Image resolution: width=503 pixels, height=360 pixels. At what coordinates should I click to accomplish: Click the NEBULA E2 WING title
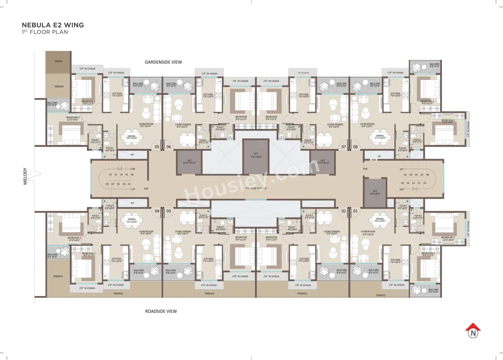click(53, 25)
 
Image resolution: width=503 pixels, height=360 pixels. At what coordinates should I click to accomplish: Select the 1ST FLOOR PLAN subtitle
click(45, 32)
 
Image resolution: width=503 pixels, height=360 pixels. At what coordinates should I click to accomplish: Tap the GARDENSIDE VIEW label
click(163, 62)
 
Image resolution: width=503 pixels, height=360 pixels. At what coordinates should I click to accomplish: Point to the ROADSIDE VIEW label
click(161, 311)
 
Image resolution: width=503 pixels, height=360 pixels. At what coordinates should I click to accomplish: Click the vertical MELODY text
click(25, 176)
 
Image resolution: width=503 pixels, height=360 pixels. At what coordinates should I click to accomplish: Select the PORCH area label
click(59, 61)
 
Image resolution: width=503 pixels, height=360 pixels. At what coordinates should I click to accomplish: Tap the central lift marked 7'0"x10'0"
click(256, 156)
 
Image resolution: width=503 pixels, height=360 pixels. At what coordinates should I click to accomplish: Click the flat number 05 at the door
click(157, 147)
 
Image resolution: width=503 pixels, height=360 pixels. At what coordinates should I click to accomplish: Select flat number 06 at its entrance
click(169, 147)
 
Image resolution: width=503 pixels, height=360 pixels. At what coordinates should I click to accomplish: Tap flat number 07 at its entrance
click(343, 147)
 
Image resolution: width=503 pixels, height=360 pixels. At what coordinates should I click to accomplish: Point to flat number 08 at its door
click(355, 147)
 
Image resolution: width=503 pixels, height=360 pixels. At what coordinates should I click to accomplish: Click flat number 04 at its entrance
click(157, 211)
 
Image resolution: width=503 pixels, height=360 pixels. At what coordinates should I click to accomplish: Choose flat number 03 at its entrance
click(169, 211)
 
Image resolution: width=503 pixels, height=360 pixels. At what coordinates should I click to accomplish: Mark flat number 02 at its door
click(343, 211)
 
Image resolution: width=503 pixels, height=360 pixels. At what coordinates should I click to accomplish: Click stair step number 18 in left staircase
click(132, 174)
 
